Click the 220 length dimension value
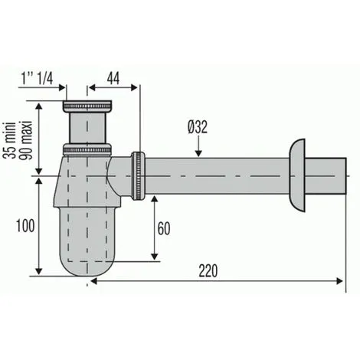tap(208, 270)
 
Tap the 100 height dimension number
tap(24, 225)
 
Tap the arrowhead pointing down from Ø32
tap(198, 157)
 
